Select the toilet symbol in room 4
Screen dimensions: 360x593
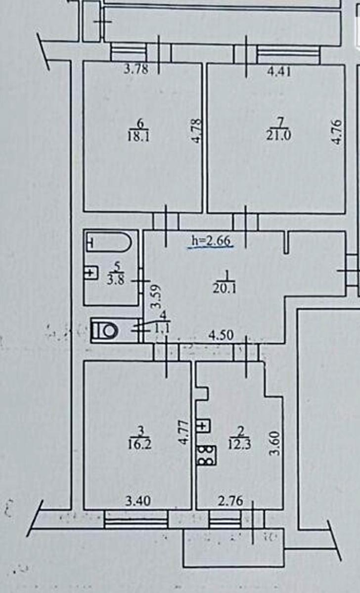(x=105, y=331)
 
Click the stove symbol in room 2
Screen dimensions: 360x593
(x=207, y=455)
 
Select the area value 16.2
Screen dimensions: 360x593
(x=139, y=444)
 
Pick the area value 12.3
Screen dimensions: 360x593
(x=240, y=444)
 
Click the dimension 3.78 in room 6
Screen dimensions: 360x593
(x=136, y=70)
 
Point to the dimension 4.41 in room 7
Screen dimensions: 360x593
(x=279, y=72)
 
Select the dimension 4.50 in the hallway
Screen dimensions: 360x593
(x=221, y=335)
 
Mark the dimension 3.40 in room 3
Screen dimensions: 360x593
(x=138, y=501)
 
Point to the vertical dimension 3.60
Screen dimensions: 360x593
(x=275, y=443)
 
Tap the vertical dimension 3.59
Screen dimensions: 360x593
(x=156, y=296)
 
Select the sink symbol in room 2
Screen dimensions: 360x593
(x=204, y=426)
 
